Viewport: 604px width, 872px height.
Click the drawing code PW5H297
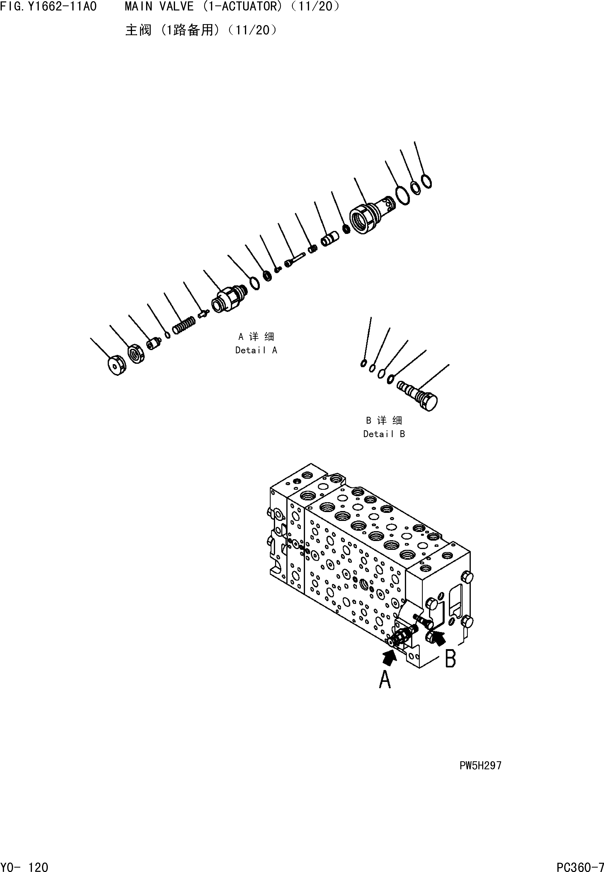click(480, 766)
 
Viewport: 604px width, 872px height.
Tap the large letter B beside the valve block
click(450, 659)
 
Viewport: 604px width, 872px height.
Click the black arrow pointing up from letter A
click(390, 658)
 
